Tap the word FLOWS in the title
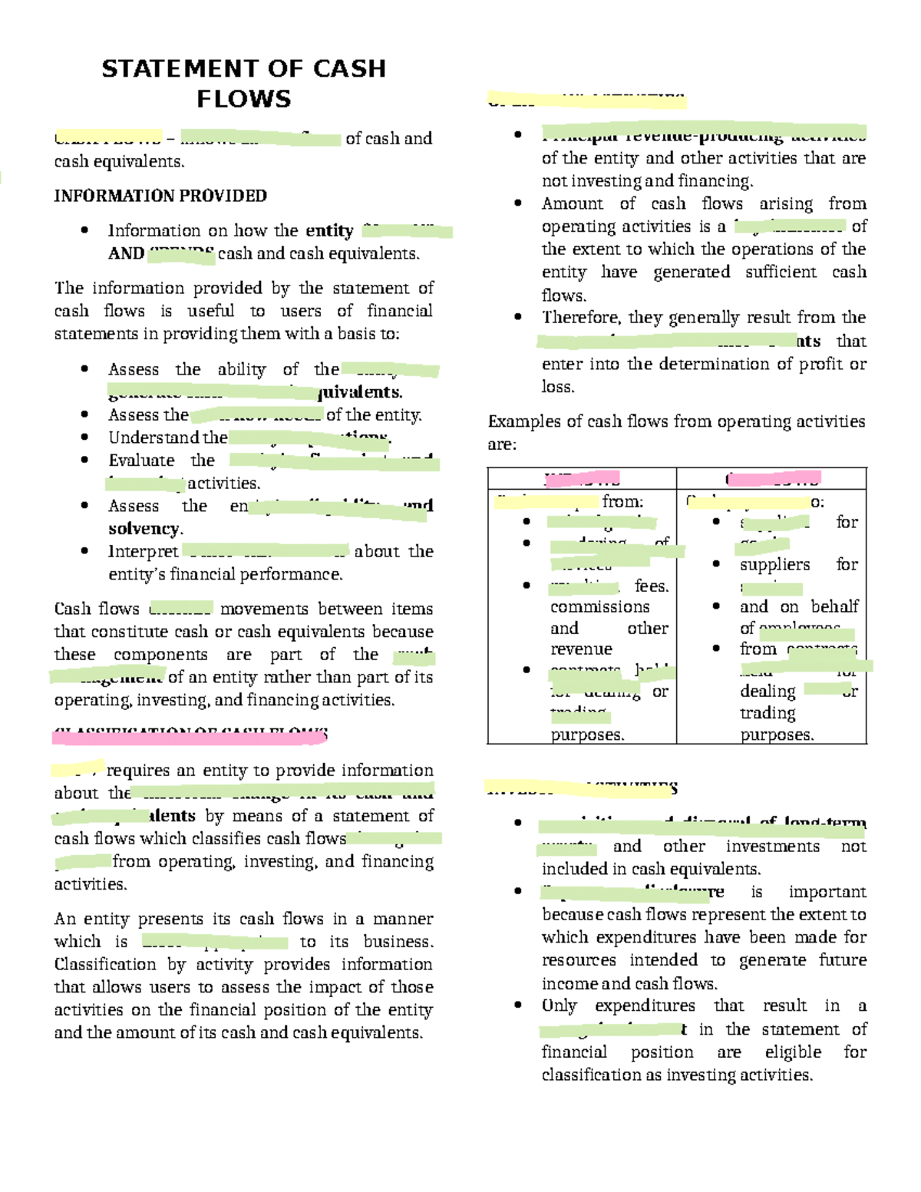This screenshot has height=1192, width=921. tap(243, 99)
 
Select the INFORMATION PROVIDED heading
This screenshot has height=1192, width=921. tap(160, 196)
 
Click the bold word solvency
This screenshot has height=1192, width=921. tap(144, 529)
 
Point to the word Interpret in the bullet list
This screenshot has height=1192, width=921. tap(143, 551)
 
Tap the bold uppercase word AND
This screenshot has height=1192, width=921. tap(126, 253)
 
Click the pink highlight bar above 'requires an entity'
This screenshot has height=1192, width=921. tap(189, 737)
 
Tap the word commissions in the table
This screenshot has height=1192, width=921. tap(599, 607)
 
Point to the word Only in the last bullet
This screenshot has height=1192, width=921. tap(559, 1005)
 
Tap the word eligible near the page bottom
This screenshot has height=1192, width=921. tap(793, 1052)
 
